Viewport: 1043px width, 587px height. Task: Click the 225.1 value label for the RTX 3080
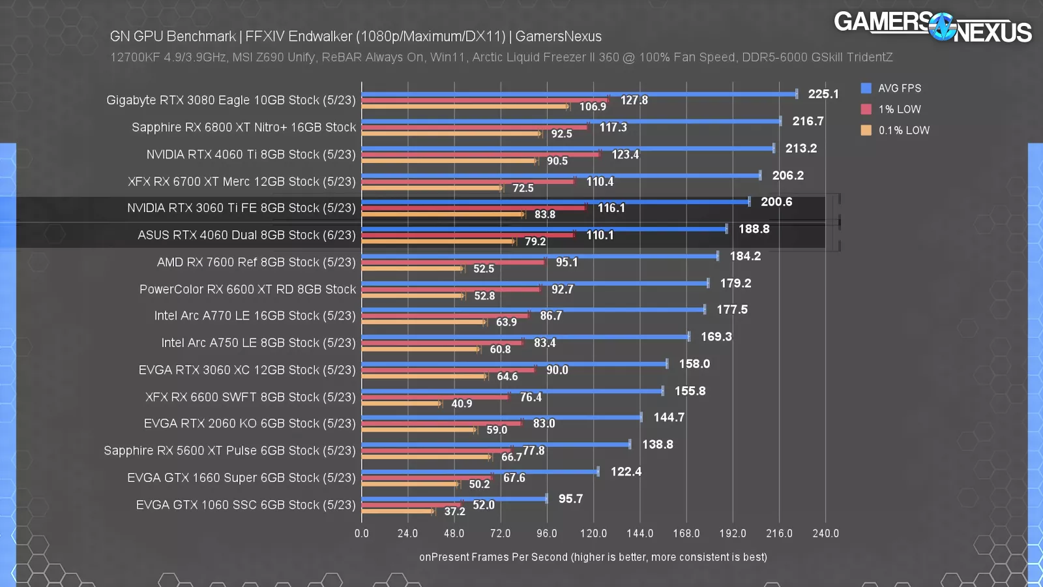click(x=823, y=94)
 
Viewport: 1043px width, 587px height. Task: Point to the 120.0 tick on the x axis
click(x=593, y=534)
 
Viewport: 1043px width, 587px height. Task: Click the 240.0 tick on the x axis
click(x=825, y=534)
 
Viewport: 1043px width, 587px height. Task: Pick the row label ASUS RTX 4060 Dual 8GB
click(x=246, y=235)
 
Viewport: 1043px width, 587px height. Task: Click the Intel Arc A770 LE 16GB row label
click(x=255, y=316)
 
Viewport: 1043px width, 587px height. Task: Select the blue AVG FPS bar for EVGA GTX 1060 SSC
click(x=454, y=499)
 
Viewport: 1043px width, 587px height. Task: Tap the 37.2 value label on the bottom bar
click(x=454, y=511)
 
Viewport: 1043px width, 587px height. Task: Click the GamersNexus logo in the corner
click(x=932, y=27)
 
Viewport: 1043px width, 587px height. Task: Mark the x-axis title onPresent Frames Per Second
click(x=593, y=557)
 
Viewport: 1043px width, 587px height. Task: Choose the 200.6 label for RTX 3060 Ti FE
click(x=776, y=202)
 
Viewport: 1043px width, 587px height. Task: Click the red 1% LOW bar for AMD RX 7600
click(x=453, y=262)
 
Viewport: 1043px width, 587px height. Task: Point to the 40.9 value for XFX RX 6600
click(x=462, y=404)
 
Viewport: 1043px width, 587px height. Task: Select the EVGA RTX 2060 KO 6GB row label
click(x=250, y=424)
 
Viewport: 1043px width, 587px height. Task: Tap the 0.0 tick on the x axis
click(x=362, y=534)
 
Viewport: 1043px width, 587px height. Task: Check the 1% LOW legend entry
click(x=899, y=110)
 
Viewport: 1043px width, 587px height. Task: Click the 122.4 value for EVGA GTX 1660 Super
click(x=626, y=472)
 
